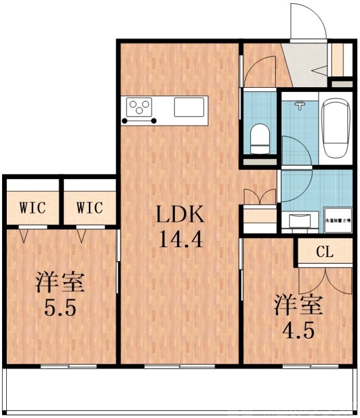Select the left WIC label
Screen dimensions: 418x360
32,207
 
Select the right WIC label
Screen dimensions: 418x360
90,207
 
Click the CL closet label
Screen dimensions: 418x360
324,252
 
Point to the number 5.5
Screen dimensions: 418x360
60,308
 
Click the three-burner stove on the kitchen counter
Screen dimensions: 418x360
140,108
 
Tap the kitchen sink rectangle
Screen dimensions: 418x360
189,108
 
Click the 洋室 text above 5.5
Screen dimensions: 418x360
60,283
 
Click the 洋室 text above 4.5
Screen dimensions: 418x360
299,305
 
